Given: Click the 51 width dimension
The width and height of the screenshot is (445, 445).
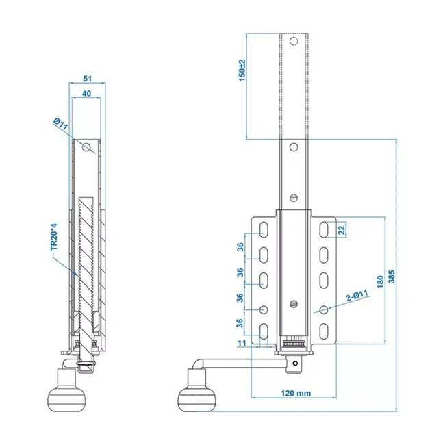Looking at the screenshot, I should click(x=87, y=78).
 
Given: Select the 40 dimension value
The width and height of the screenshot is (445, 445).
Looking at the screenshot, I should click(x=87, y=94).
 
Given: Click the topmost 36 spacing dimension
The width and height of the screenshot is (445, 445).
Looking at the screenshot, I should click(x=240, y=246).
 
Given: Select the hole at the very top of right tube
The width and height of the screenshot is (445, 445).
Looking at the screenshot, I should click(x=293, y=42).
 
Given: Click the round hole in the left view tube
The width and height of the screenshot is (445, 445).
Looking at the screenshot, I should click(x=87, y=148).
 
